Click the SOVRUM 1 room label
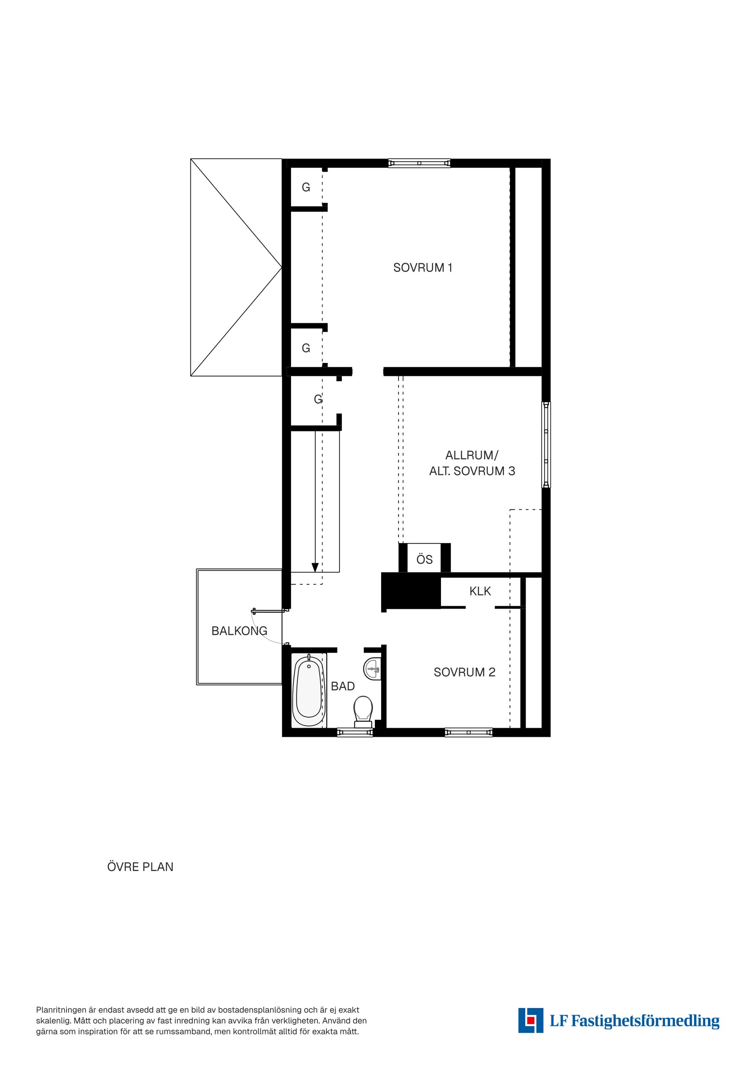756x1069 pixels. (x=422, y=268)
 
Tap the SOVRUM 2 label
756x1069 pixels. (x=464, y=672)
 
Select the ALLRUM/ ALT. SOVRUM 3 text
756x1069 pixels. (x=472, y=463)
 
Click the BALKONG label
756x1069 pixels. (x=239, y=631)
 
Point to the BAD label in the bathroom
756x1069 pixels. (x=343, y=686)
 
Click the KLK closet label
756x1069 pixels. (x=480, y=591)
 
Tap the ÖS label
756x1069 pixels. (x=424, y=560)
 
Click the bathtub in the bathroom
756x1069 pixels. (x=308, y=692)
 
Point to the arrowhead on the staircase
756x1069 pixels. (x=315, y=568)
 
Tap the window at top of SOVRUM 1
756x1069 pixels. (x=419, y=163)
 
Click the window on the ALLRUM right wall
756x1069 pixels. (x=546, y=445)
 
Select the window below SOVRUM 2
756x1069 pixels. (x=469, y=732)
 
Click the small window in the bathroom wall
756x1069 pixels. (x=355, y=732)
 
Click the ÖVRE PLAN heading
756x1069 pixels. (x=140, y=867)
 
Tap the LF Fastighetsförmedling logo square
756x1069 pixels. (x=530, y=1020)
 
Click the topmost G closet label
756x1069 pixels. (x=306, y=187)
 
